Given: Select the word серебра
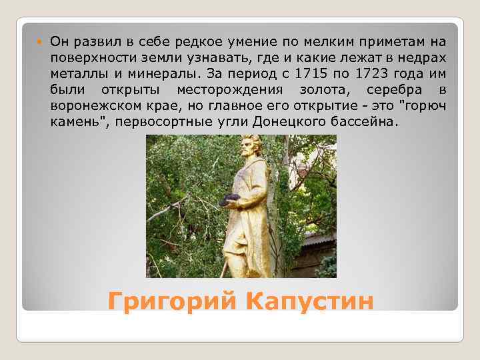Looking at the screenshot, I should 400,90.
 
